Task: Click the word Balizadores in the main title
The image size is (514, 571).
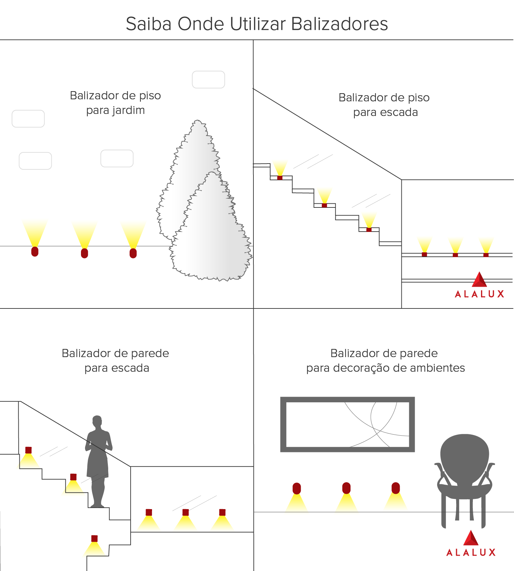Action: [339, 24]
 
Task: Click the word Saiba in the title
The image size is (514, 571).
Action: [148, 24]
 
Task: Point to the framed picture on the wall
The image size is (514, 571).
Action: [347, 424]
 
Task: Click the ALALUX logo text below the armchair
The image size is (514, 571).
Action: [471, 553]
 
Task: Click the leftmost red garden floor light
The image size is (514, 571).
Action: [35, 252]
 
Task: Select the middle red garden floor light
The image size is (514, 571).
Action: [84, 253]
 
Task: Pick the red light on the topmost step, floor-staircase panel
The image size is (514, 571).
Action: [280, 178]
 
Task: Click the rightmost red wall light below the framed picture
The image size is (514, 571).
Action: [396, 488]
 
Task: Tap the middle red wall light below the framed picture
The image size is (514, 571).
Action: [346, 488]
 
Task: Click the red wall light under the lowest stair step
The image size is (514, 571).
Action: [95, 538]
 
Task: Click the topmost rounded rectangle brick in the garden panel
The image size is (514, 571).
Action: [209, 80]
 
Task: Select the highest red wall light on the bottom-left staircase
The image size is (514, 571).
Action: [29, 450]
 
